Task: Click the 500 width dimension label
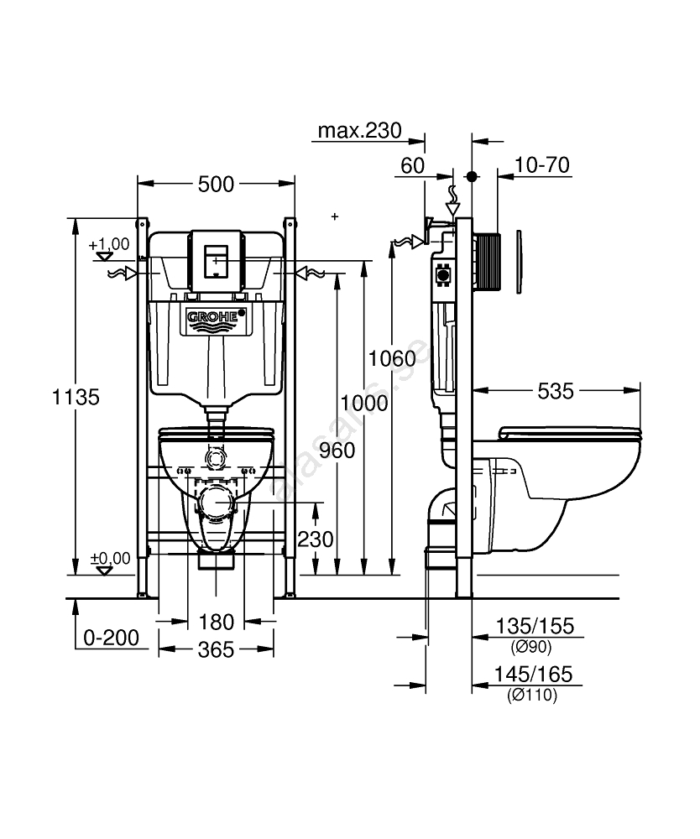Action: click(216, 185)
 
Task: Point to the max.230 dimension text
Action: click(359, 132)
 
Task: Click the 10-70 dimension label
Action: click(541, 165)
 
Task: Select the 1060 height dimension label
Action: click(391, 358)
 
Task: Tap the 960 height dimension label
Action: click(337, 451)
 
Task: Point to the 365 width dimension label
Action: click(215, 650)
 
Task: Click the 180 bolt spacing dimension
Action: click(216, 623)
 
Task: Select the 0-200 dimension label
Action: click(111, 638)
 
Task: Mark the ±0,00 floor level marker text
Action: click(110, 558)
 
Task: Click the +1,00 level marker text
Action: click(109, 244)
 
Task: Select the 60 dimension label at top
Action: click(412, 165)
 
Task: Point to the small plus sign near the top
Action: click(335, 216)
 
